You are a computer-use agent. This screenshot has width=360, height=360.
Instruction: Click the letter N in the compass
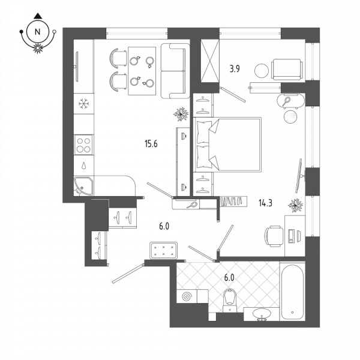[37, 32]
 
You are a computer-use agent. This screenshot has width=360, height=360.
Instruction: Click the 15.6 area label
[151, 144]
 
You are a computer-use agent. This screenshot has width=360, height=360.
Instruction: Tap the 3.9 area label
[235, 68]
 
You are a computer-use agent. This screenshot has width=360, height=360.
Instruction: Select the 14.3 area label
[265, 203]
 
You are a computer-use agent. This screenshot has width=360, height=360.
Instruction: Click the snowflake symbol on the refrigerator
[83, 104]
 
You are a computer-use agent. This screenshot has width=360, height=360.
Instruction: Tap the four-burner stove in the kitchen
[83, 145]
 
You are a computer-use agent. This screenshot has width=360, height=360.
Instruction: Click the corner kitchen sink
[83, 186]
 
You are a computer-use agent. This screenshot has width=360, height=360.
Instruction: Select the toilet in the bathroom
[230, 300]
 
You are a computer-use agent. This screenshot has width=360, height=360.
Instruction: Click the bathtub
[292, 292]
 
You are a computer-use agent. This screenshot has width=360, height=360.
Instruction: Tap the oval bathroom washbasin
[262, 313]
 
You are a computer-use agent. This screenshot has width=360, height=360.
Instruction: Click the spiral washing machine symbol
[187, 296]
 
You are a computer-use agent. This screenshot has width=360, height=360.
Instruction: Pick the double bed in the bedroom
[227, 145]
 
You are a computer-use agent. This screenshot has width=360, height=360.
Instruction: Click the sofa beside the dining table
[175, 71]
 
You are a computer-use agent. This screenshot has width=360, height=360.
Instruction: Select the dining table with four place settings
[142, 71]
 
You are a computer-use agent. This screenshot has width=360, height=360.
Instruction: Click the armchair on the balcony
[287, 70]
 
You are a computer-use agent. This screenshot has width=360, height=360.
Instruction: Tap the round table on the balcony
[261, 70]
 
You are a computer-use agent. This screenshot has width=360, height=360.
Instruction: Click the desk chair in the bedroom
[274, 236]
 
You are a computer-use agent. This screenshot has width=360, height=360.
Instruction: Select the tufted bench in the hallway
[163, 250]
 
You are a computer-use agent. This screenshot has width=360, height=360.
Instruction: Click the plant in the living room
[181, 114]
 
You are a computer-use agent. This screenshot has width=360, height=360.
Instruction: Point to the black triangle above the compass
[38, 16]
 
